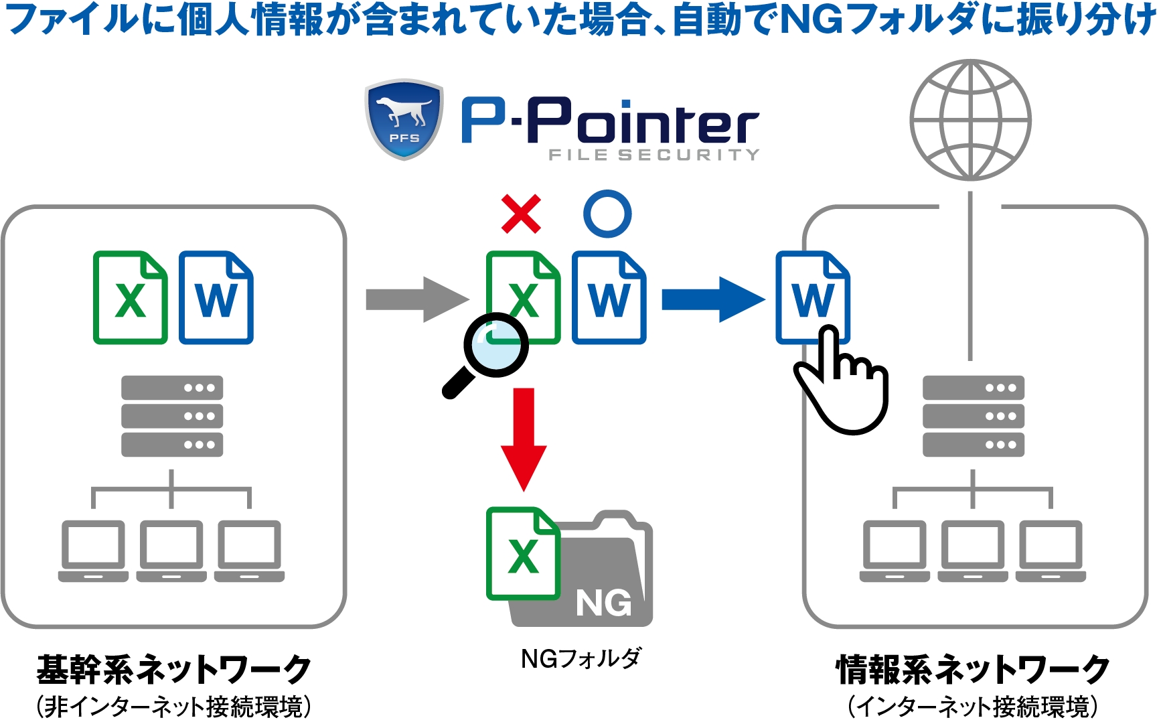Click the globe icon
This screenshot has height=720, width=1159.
pyautogui.click(x=970, y=120)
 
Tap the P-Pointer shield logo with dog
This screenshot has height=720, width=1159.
pyautogui.click(x=404, y=119)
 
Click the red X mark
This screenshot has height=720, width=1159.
pyautogui.click(x=521, y=214)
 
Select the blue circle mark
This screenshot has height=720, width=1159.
pyautogui.click(x=607, y=214)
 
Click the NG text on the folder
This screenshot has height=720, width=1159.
pyautogui.click(x=603, y=603)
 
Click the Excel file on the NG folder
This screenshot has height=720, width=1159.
pyautogui.click(x=522, y=553)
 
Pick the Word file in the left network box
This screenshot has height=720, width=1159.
pyautogui.click(x=216, y=298)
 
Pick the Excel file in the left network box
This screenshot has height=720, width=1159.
pyautogui.click(x=130, y=298)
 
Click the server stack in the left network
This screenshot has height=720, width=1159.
pyautogui.click(x=172, y=416)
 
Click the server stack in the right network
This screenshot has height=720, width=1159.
pyautogui.click(x=973, y=416)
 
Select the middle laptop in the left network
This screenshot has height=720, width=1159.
pyautogui.click(x=171, y=551)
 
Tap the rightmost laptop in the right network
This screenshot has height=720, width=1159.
pyautogui.click(x=1051, y=551)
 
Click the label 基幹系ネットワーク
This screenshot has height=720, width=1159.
pyautogui.click(x=173, y=669)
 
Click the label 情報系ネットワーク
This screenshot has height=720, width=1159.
pyautogui.click(x=973, y=669)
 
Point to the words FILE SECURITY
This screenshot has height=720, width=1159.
pyautogui.click(x=654, y=155)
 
